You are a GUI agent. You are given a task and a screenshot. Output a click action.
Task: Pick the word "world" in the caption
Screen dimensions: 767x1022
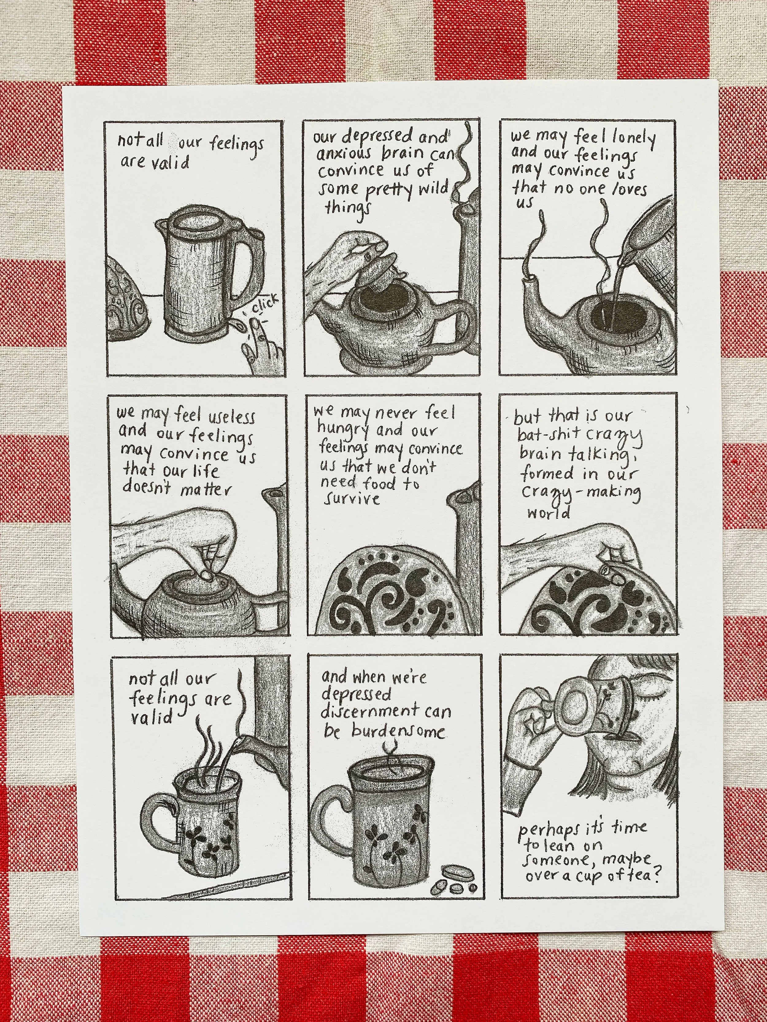tap(549, 513)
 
